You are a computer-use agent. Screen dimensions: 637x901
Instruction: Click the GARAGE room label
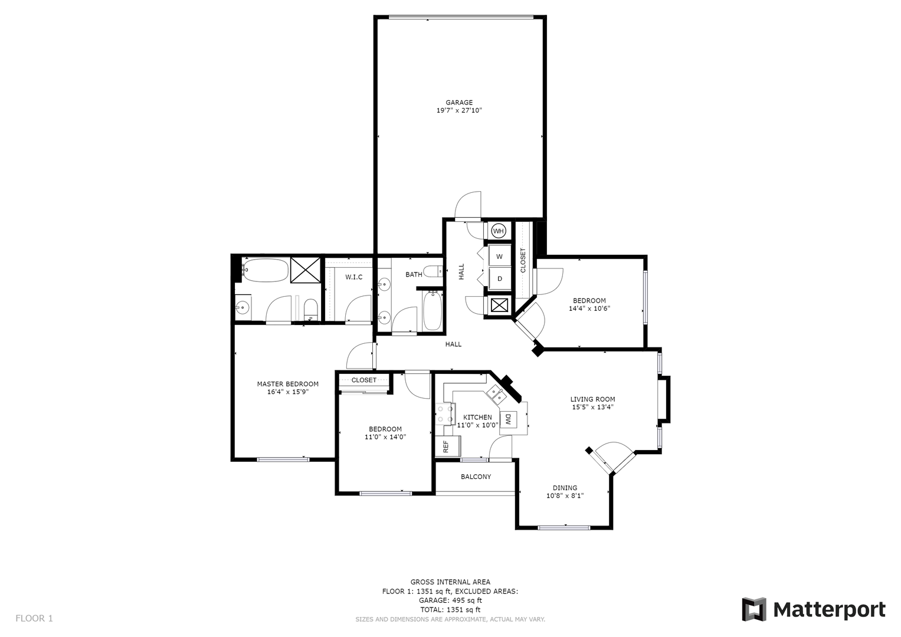click(459, 103)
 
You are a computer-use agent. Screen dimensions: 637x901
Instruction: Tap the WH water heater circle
click(499, 231)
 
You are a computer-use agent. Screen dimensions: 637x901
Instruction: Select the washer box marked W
click(500, 257)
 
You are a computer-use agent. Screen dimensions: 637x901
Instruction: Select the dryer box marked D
click(500, 278)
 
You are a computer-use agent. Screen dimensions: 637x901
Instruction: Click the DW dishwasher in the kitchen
click(508, 419)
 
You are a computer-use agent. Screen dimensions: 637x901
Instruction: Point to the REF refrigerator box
click(445, 446)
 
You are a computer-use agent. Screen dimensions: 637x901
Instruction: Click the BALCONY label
click(476, 477)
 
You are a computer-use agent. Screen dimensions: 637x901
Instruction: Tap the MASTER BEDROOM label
click(287, 384)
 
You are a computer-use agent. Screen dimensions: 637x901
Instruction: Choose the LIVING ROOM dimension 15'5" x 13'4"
click(592, 407)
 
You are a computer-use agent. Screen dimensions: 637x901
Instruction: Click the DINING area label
click(565, 488)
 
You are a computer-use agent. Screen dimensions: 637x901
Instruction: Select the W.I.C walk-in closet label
click(353, 277)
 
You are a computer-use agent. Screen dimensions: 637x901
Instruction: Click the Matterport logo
click(814, 609)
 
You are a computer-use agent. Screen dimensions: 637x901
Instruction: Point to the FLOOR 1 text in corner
click(34, 618)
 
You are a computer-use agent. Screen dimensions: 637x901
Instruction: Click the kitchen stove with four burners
click(444, 413)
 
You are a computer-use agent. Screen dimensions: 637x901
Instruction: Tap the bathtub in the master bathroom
click(266, 270)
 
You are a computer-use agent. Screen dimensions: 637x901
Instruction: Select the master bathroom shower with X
click(306, 270)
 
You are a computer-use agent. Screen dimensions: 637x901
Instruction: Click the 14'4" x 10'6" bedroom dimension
click(589, 308)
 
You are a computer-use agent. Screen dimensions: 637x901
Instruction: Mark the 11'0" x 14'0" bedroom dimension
click(385, 437)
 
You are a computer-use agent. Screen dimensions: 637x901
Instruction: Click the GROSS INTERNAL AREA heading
click(450, 582)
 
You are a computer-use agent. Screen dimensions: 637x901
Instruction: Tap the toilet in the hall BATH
click(434, 271)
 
